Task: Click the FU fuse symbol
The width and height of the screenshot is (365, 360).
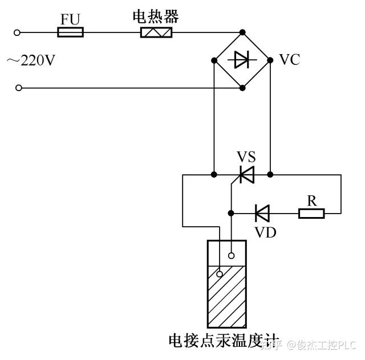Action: point(70,32)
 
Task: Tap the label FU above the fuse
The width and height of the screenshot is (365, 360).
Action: point(70,19)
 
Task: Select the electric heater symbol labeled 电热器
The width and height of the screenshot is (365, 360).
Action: point(156,32)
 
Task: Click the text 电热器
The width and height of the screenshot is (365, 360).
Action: point(156,17)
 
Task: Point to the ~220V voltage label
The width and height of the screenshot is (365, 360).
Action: point(31,60)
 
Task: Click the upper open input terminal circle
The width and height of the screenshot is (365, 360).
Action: point(17,33)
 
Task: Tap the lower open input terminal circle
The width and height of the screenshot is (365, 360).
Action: point(19,88)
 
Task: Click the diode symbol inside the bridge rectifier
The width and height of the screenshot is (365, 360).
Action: point(242,60)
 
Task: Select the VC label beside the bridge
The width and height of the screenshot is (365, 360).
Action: point(290,60)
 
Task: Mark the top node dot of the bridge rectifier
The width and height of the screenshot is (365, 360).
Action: point(242,32)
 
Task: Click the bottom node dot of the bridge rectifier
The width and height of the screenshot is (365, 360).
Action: point(242,88)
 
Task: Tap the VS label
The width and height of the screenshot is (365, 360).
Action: point(246,157)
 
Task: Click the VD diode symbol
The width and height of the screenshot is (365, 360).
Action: point(262,213)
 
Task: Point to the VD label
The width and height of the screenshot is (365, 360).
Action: point(266,232)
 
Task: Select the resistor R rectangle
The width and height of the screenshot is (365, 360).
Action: point(311,214)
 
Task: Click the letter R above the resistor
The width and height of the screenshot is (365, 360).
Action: point(312,201)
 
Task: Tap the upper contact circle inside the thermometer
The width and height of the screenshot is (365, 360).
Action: point(231,256)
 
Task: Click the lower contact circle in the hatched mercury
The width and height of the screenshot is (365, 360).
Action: point(219,274)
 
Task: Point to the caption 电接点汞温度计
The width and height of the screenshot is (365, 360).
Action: point(224,341)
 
